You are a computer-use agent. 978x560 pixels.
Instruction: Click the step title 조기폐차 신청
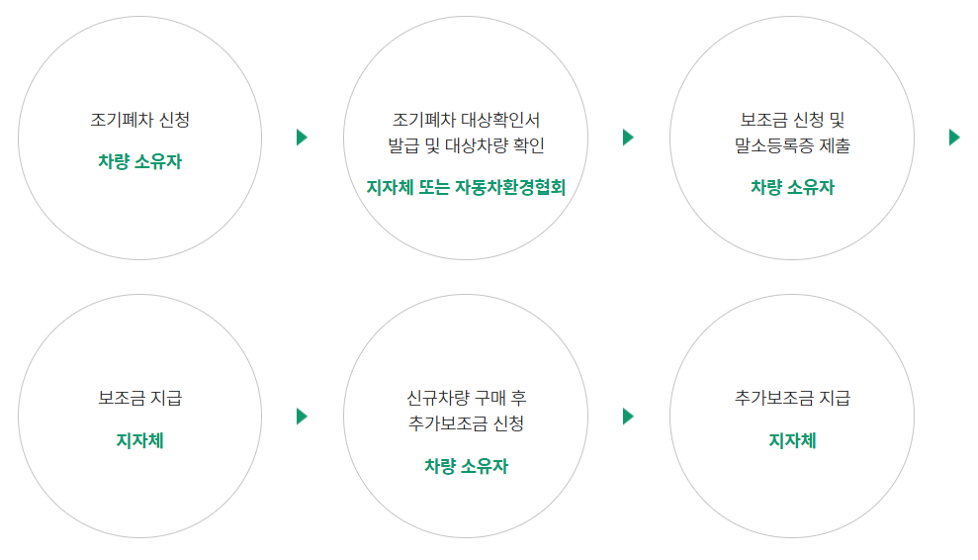[x=139, y=121]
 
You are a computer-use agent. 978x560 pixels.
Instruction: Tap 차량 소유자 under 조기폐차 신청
[x=139, y=161]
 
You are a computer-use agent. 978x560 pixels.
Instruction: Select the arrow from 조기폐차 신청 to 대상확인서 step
[x=302, y=138]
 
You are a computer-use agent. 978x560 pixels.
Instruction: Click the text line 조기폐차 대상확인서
[x=466, y=121]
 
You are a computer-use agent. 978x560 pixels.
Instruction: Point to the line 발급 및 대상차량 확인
[x=466, y=145]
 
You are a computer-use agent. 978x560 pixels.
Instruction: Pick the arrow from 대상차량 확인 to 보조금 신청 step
[x=628, y=138]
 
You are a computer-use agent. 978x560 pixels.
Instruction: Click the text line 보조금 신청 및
[x=792, y=121]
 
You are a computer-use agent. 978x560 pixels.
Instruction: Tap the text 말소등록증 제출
[x=792, y=145]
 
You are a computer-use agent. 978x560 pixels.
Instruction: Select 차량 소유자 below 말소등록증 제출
[x=792, y=187]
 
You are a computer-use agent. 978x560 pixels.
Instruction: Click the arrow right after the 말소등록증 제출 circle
[x=954, y=138]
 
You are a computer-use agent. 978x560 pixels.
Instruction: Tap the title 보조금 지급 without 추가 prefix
[x=139, y=400]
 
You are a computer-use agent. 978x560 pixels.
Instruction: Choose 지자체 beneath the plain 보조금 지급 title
[x=139, y=440]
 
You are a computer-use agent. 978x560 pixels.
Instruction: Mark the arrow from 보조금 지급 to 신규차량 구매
[x=302, y=417]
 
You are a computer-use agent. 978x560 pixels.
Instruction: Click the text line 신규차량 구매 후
[x=466, y=399]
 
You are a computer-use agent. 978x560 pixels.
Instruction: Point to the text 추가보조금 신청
[x=466, y=424]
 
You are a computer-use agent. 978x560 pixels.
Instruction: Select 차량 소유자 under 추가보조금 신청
[x=466, y=466]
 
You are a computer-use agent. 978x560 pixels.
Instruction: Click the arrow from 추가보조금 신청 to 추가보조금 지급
[x=628, y=417]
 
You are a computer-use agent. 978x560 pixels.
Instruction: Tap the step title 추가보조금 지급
[x=792, y=400]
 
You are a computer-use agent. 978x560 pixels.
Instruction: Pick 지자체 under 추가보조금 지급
[x=792, y=440]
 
